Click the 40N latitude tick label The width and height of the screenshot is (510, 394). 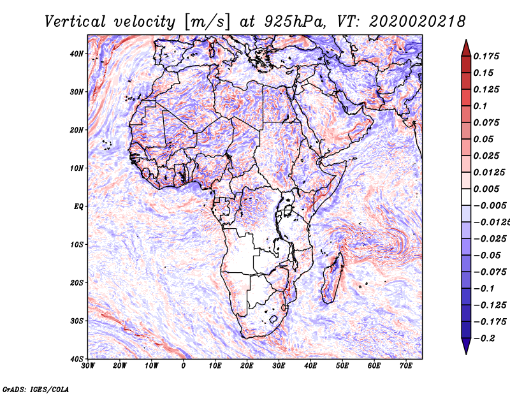76,54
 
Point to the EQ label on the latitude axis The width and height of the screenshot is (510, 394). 78,207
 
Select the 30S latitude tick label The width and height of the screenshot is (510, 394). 76,321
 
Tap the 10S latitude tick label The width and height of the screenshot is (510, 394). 76,245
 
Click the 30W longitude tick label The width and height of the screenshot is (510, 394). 88,366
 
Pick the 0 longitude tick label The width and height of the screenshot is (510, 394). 184,366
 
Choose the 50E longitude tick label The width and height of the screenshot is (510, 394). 342,366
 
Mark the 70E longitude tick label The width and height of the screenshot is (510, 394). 406,366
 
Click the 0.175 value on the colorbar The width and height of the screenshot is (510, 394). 486,57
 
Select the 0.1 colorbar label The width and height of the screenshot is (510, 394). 480,106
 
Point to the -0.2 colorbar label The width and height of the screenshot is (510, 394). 484,339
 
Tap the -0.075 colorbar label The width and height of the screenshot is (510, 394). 490,272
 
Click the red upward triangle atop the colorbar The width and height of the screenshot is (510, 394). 466,48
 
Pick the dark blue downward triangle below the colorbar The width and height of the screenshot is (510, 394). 466,346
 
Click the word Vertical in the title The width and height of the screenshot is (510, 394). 75,22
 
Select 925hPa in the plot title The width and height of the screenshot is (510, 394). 295,22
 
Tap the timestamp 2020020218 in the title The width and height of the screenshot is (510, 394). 418,22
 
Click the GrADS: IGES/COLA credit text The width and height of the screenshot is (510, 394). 36,389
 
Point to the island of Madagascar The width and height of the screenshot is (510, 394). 332,277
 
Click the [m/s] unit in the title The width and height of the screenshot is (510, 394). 207,22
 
